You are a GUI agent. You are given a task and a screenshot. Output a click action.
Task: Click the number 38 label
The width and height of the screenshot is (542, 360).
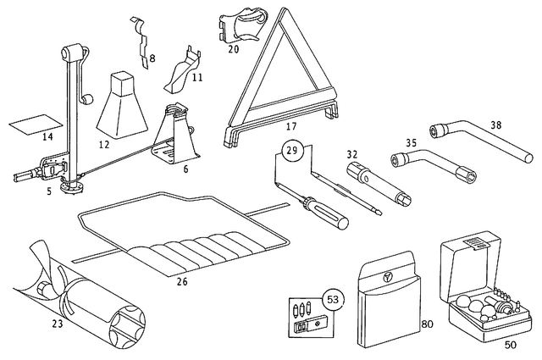pos(495,124)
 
